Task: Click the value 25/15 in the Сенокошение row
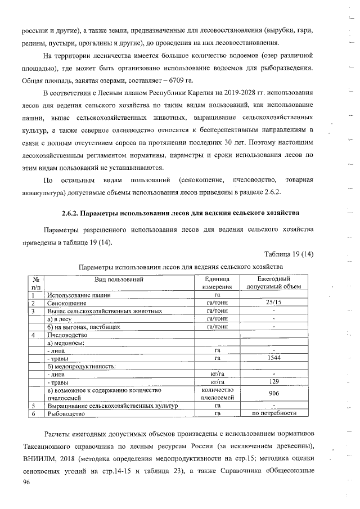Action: (x=273, y=303)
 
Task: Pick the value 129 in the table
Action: (x=273, y=382)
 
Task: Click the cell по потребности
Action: (x=273, y=413)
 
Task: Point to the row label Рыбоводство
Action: (x=66, y=413)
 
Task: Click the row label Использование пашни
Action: (x=79, y=295)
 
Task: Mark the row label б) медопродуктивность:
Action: (x=82, y=366)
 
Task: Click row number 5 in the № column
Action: (x=34, y=406)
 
